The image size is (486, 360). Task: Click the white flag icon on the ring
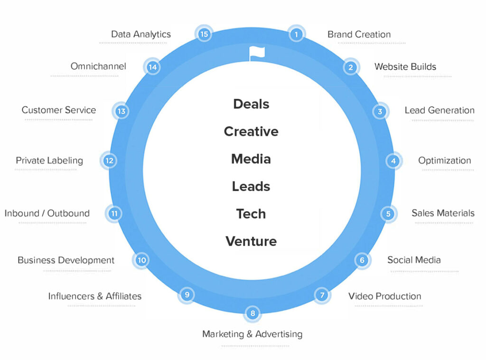(257, 53)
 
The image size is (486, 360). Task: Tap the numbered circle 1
(296, 34)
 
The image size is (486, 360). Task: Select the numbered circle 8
(253, 313)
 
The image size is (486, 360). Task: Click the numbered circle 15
(204, 34)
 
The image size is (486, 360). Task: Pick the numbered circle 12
(109, 161)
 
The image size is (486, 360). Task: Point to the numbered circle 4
(393, 161)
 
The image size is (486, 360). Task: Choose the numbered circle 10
(141, 260)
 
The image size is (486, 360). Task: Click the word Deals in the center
(251, 104)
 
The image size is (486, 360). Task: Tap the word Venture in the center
(251, 241)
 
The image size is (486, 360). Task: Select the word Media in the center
(251, 159)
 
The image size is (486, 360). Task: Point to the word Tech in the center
(251, 214)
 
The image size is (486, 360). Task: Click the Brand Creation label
(359, 34)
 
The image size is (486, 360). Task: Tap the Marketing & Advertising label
(252, 334)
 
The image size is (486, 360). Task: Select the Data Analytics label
(141, 34)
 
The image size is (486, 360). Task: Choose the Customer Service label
(59, 110)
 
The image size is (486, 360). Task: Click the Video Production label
(384, 296)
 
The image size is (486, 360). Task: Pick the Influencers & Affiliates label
(95, 296)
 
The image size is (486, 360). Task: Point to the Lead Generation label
(439, 110)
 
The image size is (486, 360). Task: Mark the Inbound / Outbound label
(47, 213)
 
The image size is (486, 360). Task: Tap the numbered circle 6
(362, 260)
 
